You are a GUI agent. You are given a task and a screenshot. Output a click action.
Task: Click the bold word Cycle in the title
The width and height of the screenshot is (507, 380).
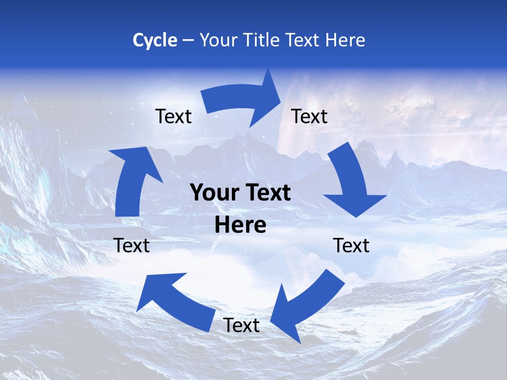pos(155,40)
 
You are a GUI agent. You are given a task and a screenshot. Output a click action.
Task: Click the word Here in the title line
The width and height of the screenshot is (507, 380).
pos(345,40)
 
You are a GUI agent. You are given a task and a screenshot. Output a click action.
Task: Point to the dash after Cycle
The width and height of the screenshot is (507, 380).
pos(188,41)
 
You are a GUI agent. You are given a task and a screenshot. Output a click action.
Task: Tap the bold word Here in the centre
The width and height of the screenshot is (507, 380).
pos(240,225)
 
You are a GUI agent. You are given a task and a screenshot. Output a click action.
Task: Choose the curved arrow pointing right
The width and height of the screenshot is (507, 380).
pos(240,100)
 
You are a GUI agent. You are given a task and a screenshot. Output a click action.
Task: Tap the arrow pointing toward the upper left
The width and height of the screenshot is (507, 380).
pos(174,301)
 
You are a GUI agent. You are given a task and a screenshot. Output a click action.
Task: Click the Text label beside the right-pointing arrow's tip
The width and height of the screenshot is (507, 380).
pos(309,116)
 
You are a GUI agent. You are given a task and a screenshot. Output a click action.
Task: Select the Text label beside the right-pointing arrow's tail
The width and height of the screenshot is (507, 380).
pos(174,116)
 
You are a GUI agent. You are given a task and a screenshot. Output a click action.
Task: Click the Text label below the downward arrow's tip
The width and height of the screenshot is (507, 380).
pos(352,245)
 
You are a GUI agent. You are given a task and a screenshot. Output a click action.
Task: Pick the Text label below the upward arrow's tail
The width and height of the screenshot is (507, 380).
pos(132,245)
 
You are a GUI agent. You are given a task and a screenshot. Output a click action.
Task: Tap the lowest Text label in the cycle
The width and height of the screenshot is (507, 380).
pos(241,325)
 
